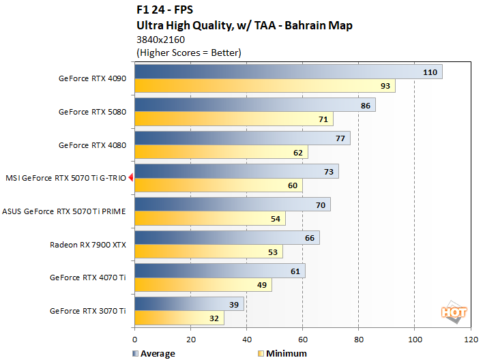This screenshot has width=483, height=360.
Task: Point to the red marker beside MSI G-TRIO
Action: pyautogui.click(x=130, y=178)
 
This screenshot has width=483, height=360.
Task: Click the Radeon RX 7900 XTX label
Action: pyautogui.click(x=88, y=244)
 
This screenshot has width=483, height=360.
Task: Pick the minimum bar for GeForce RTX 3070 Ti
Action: pyautogui.click(x=179, y=318)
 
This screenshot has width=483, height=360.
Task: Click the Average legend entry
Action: pyautogui.click(x=152, y=353)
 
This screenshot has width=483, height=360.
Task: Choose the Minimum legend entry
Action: pyautogui.click(x=283, y=353)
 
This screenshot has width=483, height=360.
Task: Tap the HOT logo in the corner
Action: pyautogui.click(x=454, y=312)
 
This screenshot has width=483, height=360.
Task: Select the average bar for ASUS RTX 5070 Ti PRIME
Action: pyautogui.click(x=233, y=205)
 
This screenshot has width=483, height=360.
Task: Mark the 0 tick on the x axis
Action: pyautogui.click(x=135, y=338)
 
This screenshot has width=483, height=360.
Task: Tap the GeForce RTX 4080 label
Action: pyautogui.click(x=92, y=145)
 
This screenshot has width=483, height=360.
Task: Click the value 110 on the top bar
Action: pyautogui.click(x=430, y=72)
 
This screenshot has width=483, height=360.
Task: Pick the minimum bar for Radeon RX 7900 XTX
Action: pyautogui.click(x=209, y=252)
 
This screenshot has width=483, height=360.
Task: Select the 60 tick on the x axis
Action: pyautogui.click(x=302, y=338)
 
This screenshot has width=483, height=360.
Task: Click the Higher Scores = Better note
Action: pyautogui.click(x=189, y=52)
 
